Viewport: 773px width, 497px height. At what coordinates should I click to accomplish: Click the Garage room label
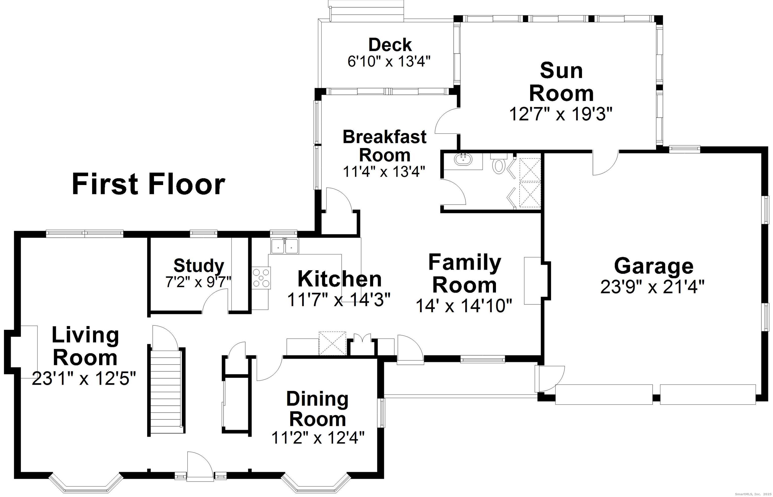coord(653,266)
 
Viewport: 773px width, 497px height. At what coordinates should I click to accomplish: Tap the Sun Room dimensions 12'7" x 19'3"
coord(561,114)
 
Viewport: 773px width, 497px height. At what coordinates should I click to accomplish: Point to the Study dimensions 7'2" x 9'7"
coord(198,282)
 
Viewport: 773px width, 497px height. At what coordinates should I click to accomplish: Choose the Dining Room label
coord(318,409)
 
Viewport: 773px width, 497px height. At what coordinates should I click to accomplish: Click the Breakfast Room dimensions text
coord(384,171)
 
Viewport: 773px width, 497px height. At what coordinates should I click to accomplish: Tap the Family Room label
coord(465,273)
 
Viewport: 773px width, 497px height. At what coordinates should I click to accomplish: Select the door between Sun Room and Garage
coord(605,163)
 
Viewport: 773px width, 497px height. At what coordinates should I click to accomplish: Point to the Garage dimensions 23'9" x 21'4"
coord(652,287)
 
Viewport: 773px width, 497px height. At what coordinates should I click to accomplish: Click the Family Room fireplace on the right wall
coord(536,281)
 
